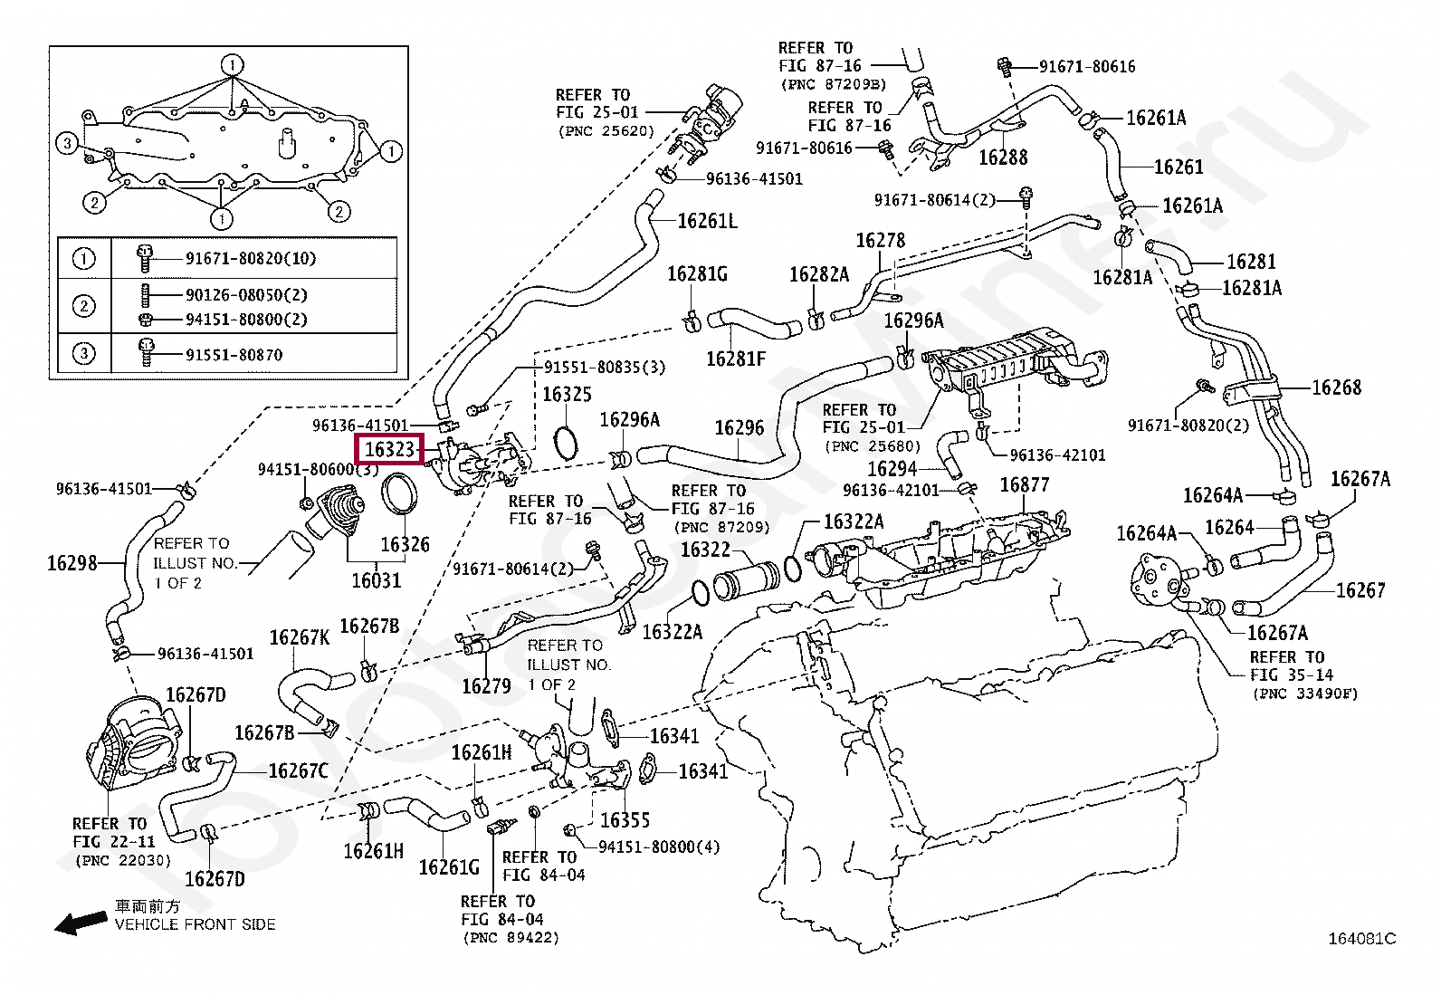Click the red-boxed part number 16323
389,449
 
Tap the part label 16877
1024,485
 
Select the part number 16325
567,395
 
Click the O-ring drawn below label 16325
566,442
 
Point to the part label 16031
376,580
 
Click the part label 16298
72,563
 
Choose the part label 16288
1003,158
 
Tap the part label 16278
880,241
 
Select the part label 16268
1336,387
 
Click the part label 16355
625,820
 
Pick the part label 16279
486,686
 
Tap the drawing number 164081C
1361,939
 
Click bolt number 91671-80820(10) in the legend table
251,259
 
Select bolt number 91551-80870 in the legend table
234,355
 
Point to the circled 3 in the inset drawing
67,143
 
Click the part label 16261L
707,222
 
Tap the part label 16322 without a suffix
705,550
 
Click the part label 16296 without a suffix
739,428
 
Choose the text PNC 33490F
1305,694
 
